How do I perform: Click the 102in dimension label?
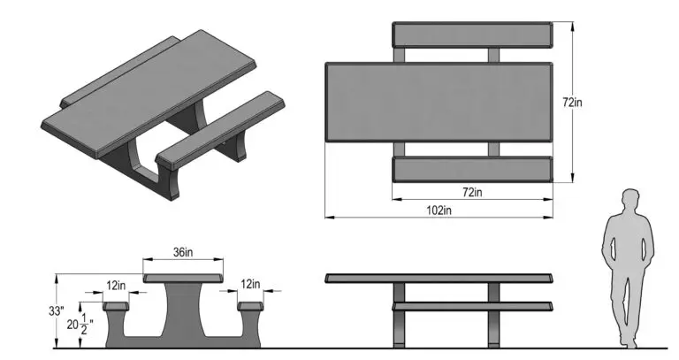coord(439,211)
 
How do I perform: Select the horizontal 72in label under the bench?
coord(472,192)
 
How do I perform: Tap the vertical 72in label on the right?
coord(573,103)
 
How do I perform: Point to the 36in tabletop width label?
coord(183,252)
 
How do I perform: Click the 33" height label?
coord(57,311)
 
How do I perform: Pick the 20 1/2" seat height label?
coord(80,325)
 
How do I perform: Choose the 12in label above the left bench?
coord(116,286)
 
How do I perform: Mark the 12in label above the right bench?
coord(250,284)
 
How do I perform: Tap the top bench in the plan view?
coord(472,34)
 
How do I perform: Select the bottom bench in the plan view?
coord(472,170)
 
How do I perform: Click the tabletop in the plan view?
coord(439,103)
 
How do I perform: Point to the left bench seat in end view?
coord(116,306)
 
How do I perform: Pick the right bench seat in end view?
coord(250,306)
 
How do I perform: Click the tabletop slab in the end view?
coord(183,278)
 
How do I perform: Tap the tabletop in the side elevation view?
coord(439,278)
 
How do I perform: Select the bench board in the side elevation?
coord(472,306)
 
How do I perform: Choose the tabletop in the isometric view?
coord(149,93)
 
